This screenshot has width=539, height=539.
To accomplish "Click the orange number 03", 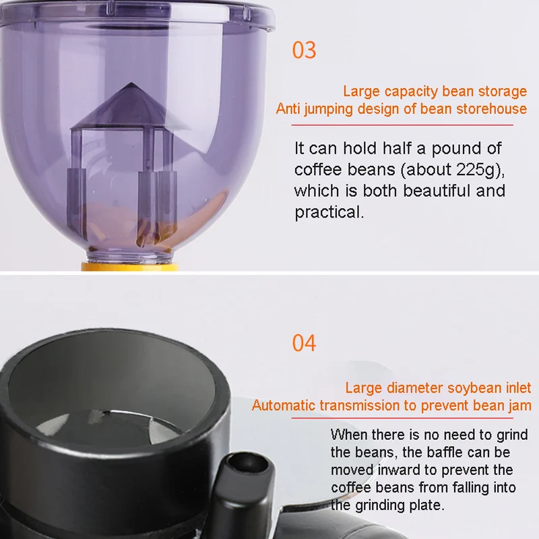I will [304, 51].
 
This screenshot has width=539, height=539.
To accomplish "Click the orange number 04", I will [304, 343].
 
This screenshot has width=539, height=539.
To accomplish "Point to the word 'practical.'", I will [329, 212].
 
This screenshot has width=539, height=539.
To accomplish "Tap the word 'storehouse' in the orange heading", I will [490, 108].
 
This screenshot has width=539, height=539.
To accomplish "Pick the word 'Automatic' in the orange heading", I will [284, 406].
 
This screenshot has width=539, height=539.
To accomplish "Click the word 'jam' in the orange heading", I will [519, 406].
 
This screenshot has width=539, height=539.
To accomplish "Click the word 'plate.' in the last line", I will [425, 505].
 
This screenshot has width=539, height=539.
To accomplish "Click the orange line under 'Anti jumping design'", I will [398, 124].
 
